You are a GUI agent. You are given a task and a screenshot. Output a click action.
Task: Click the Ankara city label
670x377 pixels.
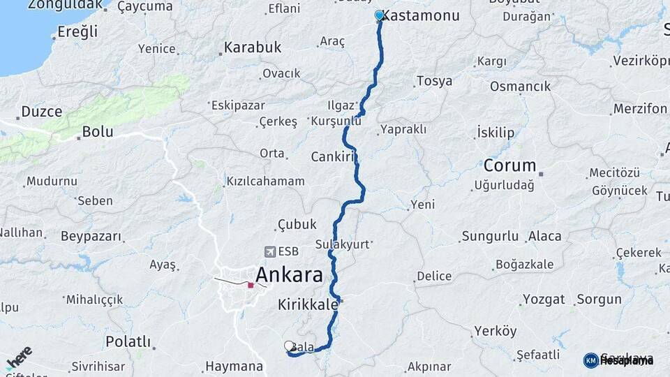pyautogui.click(x=289, y=274)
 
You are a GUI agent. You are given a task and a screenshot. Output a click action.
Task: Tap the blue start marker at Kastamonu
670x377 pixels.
pyautogui.click(x=379, y=15)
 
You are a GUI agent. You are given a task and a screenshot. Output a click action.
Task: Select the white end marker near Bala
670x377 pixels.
pyautogui.click(x=289, y=346)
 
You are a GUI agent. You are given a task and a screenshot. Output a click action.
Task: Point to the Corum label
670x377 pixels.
pyautogui.click(x=510, y=166)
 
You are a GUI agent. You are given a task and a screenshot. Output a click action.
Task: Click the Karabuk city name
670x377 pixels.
pyautogui.click(x=252, y=48)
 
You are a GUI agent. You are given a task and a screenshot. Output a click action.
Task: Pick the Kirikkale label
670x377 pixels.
pyautogui.click(x=308, y=304)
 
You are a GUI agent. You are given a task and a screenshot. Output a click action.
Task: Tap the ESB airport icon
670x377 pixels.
pyautogui.click(x=269, y=251)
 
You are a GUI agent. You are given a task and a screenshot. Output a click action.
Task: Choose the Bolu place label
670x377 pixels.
pyautogui.click(x=97, y=131)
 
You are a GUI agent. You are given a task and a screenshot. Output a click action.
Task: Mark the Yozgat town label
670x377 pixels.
pyautogui.click(x=544, y=300)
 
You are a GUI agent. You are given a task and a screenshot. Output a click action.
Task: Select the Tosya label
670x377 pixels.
pyautogui.click(x=434, y=81)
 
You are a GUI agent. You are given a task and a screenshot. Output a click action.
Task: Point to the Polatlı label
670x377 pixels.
pyautogui.click(x=128, y=341)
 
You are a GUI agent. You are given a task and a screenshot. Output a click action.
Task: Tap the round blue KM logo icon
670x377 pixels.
pyautogui.click(x=590, y=360)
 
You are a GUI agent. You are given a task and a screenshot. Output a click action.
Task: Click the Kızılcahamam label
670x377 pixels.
pyautogui.click(x=265, y=182)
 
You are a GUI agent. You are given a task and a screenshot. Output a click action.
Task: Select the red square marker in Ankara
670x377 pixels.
pyautogui.click(x=251, y=285)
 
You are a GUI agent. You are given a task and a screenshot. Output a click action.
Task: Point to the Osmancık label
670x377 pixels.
pyautogui.click(x=520, y=87)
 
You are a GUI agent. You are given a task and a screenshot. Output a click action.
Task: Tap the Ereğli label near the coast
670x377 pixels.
pyautogui.click(x=77, y=31)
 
